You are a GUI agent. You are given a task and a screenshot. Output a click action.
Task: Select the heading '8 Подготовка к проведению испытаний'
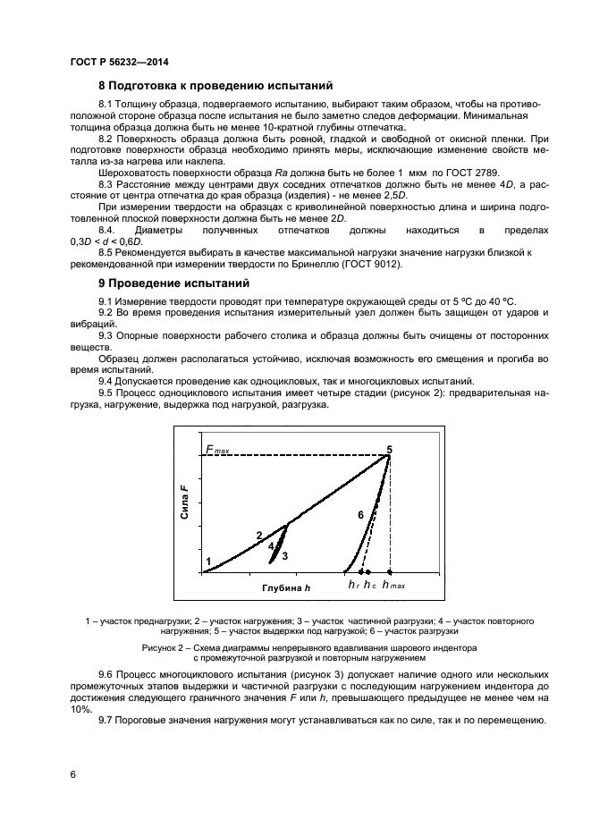pos(215,86)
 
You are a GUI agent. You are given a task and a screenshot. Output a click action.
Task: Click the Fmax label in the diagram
pos(216,450)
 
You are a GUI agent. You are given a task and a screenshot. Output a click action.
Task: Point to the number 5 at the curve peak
pos(389,448)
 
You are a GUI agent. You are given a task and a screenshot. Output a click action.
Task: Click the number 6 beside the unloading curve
pos(360,515)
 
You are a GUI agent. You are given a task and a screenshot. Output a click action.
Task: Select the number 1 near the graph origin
pos(208,562)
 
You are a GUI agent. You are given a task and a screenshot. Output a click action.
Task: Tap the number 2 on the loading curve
pos(259,536)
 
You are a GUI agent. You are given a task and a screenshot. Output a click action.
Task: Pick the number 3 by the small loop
pos(284,555)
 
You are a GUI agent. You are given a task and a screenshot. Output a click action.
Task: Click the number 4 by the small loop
pos(270,546)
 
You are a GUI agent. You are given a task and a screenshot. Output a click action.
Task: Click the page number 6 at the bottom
pos(72,775)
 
